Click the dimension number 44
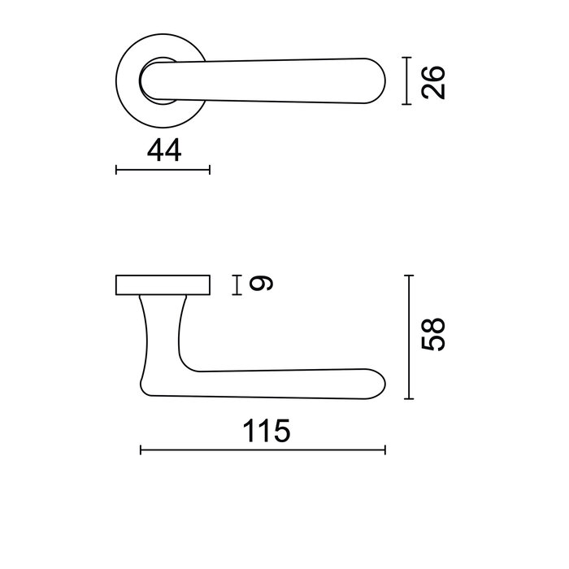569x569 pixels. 163,150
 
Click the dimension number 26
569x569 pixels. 436,81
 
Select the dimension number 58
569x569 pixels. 436,335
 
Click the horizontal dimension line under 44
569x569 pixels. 163,170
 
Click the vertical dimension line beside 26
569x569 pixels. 407,81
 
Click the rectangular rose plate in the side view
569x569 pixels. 163,284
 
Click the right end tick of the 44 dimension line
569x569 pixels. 210,170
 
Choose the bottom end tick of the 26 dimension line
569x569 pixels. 407,104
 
